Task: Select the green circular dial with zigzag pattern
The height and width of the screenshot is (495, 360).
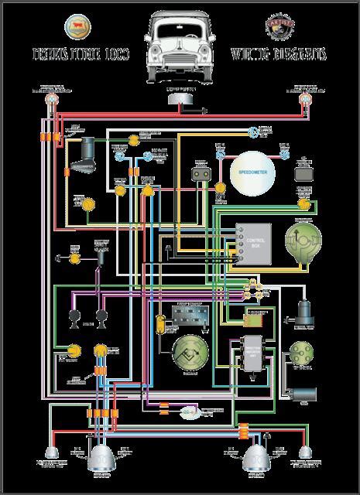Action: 188,357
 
